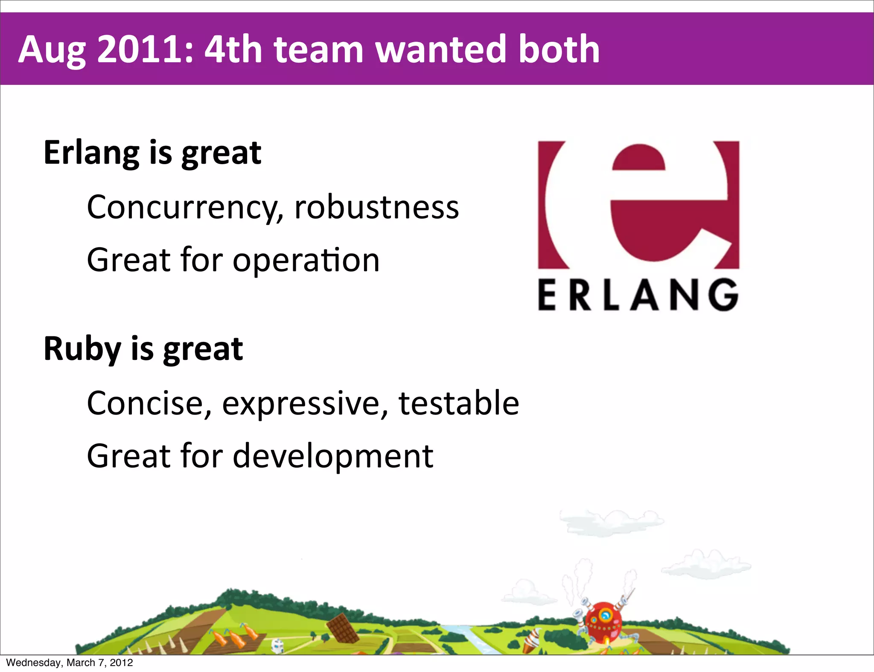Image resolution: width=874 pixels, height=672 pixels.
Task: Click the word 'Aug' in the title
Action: coord(52,50)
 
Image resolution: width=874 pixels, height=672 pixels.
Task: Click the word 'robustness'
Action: coord(376,207)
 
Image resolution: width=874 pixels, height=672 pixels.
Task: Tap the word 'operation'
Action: coord(306,260)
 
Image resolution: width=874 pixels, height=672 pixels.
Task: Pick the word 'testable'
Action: coord(458,403)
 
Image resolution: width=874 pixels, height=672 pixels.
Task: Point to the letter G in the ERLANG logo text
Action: coord(724,295)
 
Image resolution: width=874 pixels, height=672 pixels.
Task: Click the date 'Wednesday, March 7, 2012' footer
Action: coord(70,663)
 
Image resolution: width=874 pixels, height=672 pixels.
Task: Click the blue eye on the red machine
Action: coord(605,615)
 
